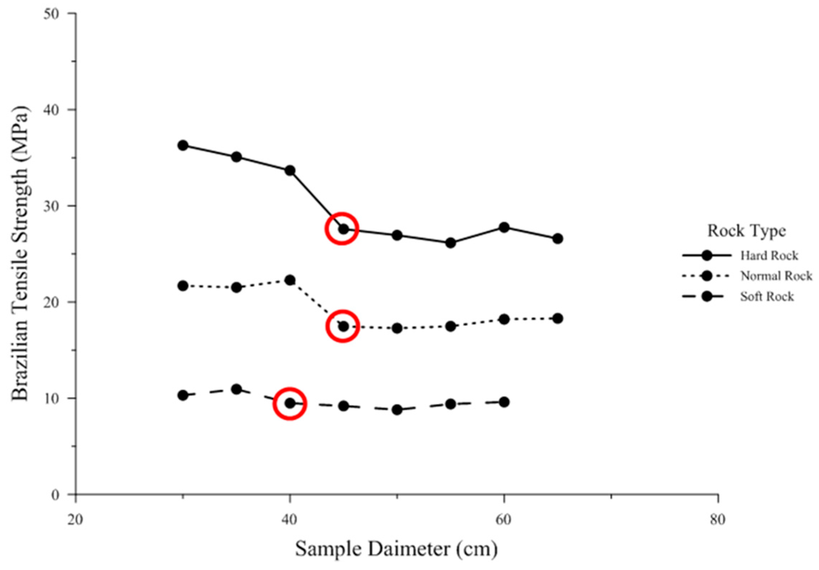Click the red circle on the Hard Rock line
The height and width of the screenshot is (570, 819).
[342, 229]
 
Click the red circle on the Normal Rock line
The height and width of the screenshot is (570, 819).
[343, 326]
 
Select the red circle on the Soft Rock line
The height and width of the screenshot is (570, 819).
[290, 403]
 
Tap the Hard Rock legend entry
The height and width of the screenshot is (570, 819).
[769, 256]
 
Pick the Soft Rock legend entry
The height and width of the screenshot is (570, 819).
[767, 296]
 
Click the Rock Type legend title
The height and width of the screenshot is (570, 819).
[746, 231]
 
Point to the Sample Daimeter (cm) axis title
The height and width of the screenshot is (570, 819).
[396, 549]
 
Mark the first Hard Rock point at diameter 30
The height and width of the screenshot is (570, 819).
[183, 145]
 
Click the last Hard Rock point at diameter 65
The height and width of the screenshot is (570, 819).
[558, 238]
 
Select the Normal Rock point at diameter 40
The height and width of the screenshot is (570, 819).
[290, 280]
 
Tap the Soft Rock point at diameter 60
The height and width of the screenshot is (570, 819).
[504, 402]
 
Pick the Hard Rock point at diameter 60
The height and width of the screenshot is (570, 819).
[504, 227]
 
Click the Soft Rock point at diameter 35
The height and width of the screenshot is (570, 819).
[236, 389]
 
